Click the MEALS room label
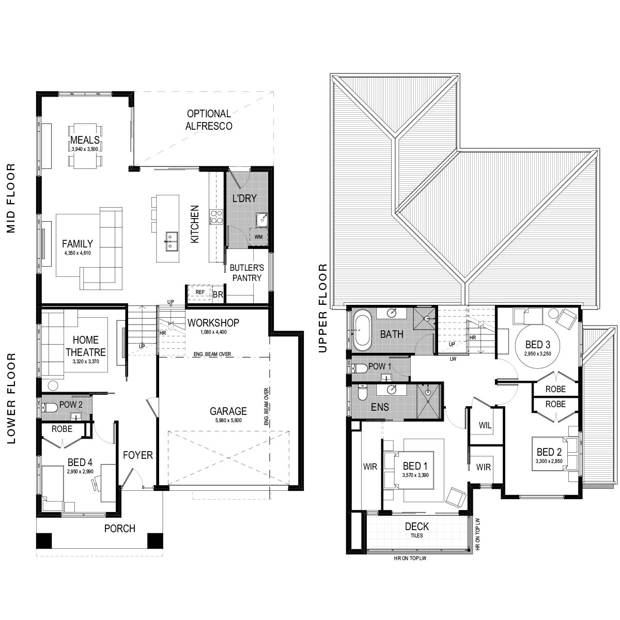coord(85,140)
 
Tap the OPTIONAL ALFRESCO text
coord(209,120)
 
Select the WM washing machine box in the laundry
coord(258,237)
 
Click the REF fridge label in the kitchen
coord(200,292)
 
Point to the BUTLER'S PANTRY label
coord(247,273)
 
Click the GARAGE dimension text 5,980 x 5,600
coord(228,421)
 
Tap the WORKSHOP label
coord(213,323)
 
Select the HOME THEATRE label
coord(85,346)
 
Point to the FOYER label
coord(138,455)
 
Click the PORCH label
coord(119,529)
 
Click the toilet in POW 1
coord(360,368)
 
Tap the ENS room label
coord(380,407)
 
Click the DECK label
coord(416,526)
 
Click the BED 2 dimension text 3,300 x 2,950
coord(548,461)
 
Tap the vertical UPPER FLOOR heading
coord(323,308)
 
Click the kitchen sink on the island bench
coord(171,241)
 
